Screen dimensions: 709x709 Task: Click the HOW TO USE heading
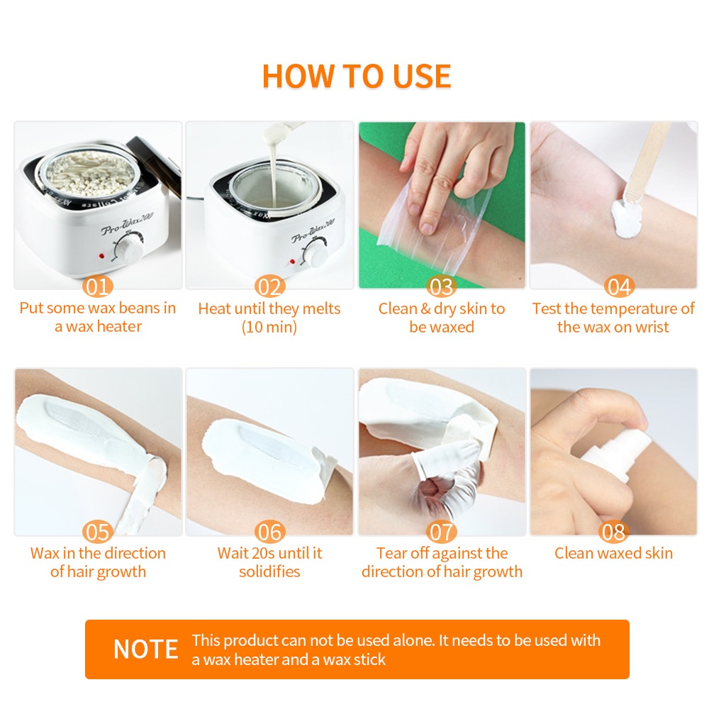pyautogui.click(x=357, y=76)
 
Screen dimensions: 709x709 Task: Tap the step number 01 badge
pyautogui.click(x=98, y=286)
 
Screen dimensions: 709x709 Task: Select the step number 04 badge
pyautogui.click(x=620, y=286)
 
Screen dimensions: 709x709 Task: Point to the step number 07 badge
pyautogui.click(x=442, y=532)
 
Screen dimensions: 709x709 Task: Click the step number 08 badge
pyautogui.click(x=613, y=532)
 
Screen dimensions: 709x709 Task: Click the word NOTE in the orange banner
pyautogui.click(x=145, y=649)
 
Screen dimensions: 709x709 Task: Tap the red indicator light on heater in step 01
pyautogui.click(x=101, y=256)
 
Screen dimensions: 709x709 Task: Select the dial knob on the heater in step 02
pyautogui.click(x=316, y=252)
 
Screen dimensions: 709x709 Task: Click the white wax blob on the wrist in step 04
pyautogui.click(x=626, y=219)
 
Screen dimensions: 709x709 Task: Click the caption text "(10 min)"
pyautogui.click(x=269, y=327)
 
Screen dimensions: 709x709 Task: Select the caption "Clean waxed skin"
pyautogui.click(x=613, y=553)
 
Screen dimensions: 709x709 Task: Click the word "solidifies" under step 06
pyautogui.click(x=269, y=571)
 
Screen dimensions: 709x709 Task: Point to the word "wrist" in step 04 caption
pyautogui.click(x=652, y=327)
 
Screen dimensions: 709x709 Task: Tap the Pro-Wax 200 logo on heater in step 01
pyautogui.click(x=127, y=223)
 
